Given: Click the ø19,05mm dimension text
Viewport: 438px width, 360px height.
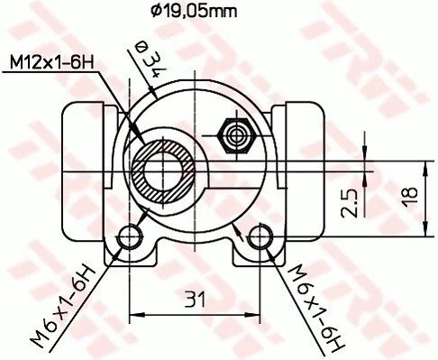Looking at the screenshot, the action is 194,12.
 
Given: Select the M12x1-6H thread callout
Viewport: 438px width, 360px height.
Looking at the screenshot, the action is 51,62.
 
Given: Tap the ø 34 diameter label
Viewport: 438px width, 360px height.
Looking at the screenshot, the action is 151,59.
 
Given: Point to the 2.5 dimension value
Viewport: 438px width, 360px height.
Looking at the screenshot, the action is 350,203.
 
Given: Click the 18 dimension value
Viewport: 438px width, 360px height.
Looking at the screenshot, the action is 411,197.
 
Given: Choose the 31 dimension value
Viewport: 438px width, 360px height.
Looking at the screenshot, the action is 195,299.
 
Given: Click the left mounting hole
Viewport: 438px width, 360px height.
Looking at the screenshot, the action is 130,237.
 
